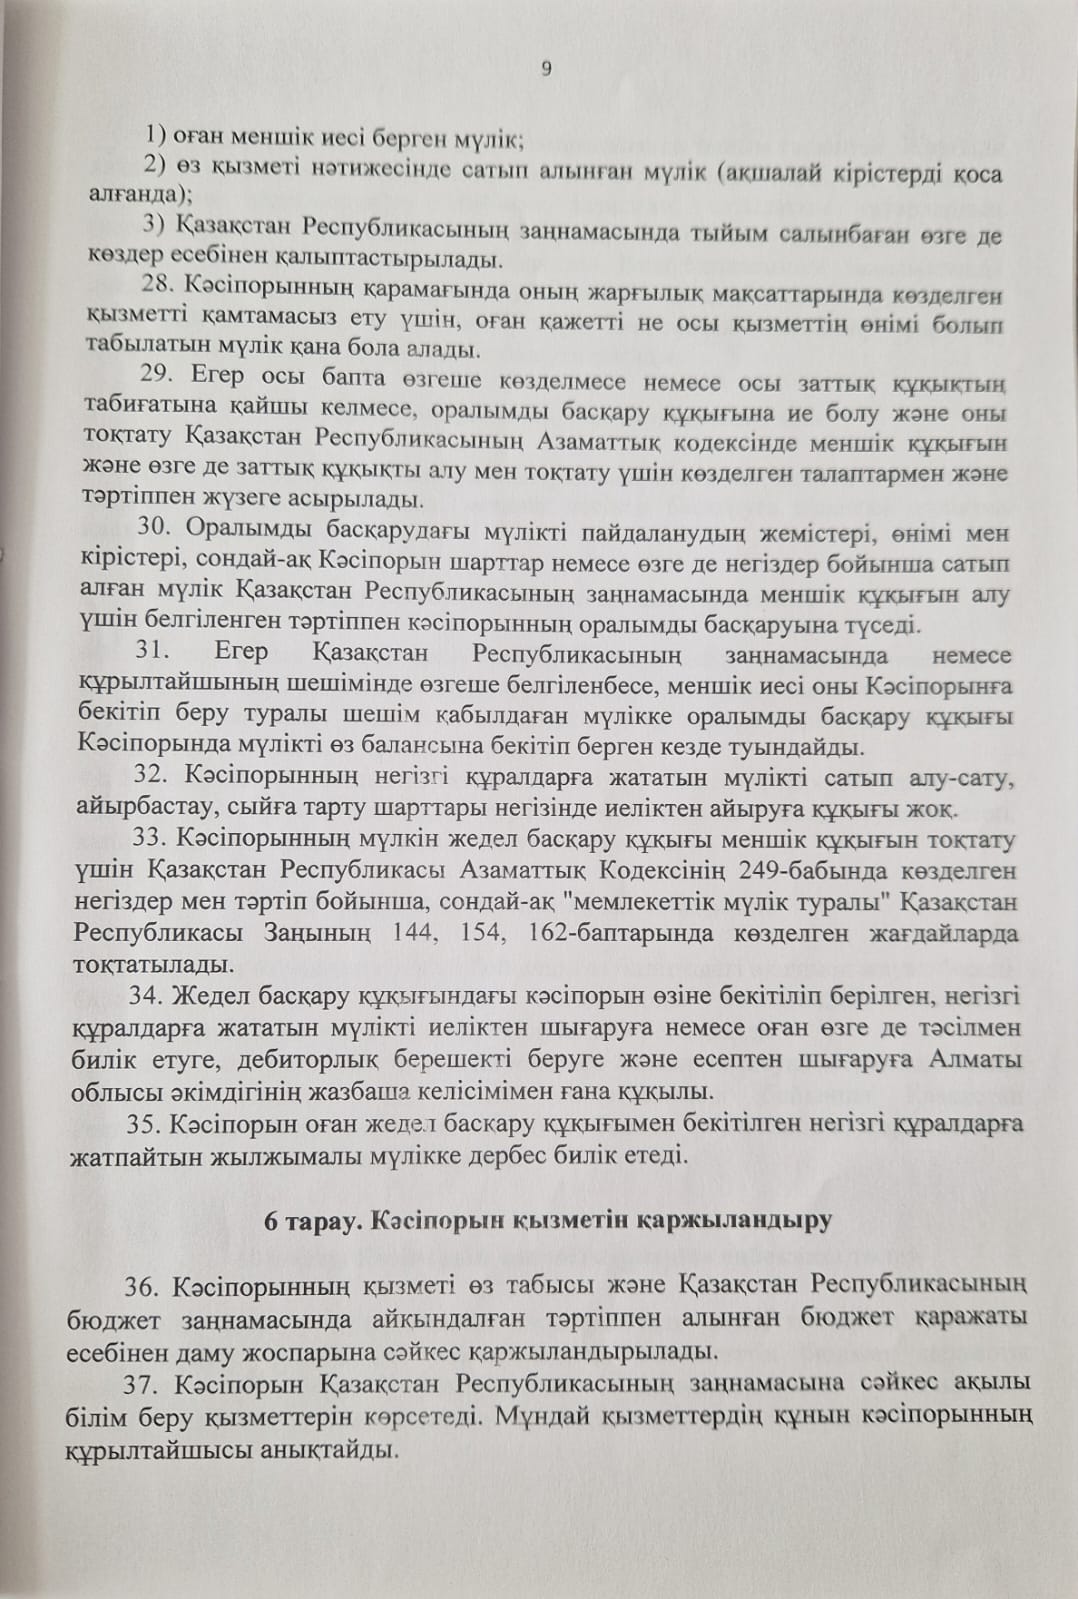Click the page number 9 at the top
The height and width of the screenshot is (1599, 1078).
point(546,68)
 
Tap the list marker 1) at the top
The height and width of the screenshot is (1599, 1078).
point(156,134)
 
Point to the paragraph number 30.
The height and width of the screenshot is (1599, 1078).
point(157,532)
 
